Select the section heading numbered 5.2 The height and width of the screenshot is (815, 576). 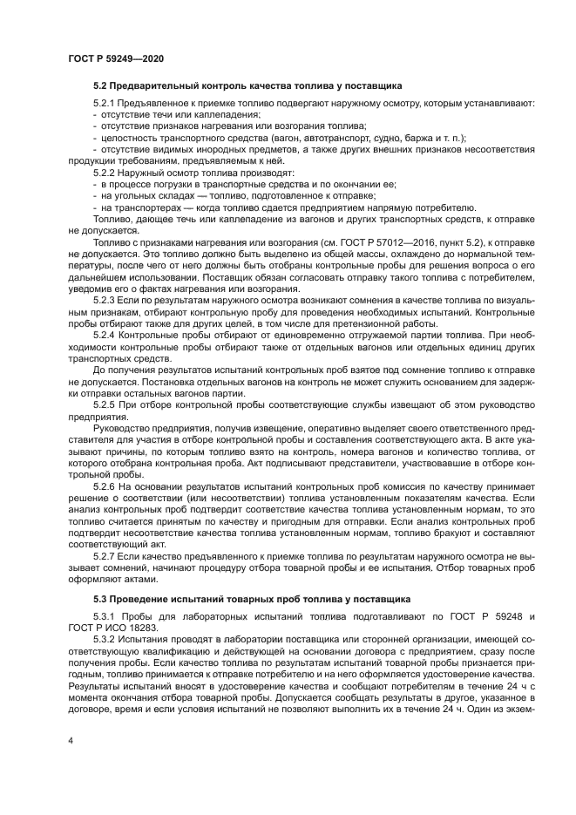tap(247, 86)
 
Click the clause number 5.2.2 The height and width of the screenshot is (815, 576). tap(105, 173)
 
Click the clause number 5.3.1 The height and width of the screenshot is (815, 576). tap(105, 617)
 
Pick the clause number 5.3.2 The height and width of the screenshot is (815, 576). tap(105, 639)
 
